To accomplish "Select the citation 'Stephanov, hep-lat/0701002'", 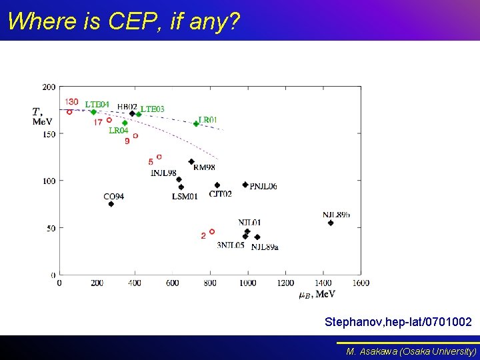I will click(398, 322).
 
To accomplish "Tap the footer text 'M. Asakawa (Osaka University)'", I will click(411, 351).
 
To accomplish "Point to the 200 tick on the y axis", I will click(49, 87).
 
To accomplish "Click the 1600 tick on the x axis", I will click(361, 283).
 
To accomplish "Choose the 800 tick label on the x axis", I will click(210, 283).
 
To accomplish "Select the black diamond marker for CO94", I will click(111, 204).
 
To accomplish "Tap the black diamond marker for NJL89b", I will click(331, 223).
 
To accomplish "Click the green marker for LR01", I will click(196, 123).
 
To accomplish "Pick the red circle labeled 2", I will click(212, 232).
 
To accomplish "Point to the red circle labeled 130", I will click(69, 112).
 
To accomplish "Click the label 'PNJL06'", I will click(263, 187).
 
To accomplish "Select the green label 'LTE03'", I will click(153, 109).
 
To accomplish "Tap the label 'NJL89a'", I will click(265, 247).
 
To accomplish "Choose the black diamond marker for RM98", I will click(191, 161).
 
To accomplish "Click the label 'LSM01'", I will click(185, 197).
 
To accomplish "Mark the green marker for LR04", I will click(125, 123).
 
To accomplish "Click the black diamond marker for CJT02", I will click(217, 185).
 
